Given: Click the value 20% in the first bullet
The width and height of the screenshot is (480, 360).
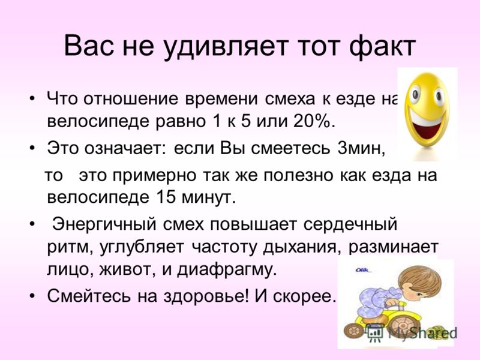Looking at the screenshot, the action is (312, 122).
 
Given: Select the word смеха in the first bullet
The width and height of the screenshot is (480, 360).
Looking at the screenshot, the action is (290, 99).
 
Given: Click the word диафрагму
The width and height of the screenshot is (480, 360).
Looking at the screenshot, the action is (227, 269).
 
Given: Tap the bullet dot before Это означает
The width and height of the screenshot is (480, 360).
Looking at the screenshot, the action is (32, 149).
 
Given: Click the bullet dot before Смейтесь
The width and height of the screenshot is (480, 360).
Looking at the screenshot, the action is (32, 296).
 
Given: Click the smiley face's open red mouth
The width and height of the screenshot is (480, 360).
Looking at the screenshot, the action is (426, 127).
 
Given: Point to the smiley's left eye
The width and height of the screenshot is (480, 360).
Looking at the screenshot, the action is (415, 94).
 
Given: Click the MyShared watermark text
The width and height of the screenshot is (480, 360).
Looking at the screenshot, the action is (422, 333).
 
